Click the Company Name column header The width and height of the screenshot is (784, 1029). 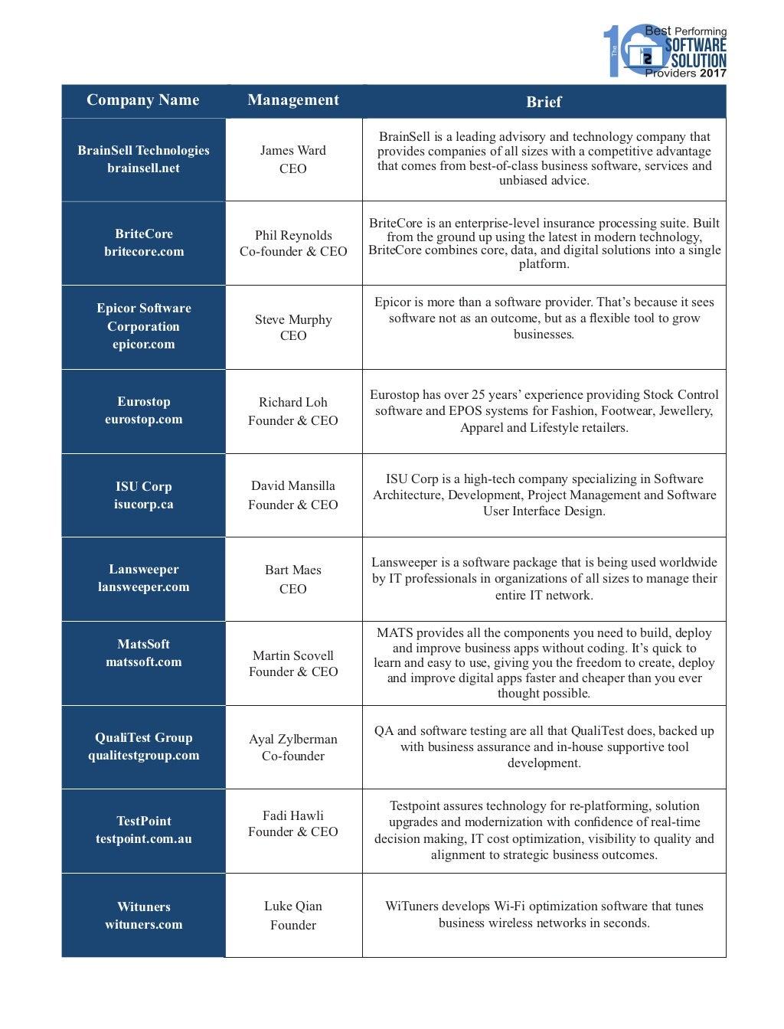point(143,100)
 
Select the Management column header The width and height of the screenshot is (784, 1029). point(293,100)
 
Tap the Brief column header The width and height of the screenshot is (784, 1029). point(544,102)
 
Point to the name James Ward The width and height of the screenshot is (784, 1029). point(293,150)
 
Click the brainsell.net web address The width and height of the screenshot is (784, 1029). point(143,168)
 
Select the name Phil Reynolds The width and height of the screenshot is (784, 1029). point(293,235)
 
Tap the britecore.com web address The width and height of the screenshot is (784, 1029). point(144,251)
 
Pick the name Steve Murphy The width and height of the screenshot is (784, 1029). point(293,319)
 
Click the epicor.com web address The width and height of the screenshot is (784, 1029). point(143,344)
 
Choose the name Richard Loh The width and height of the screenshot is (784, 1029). point(293,402)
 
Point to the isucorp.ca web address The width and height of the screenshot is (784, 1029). point(144,504)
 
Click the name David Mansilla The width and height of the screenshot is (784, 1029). point(293,485)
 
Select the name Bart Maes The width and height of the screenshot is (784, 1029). point(293,570)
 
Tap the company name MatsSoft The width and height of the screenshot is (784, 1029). point(144,644)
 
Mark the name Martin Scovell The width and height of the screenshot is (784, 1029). point(293,655)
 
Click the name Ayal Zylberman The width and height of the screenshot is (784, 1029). point(293,739)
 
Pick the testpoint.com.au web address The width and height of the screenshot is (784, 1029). point(144,838)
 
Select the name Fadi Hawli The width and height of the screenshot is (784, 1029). point(293,815)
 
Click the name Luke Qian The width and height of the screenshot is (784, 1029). point(293,906)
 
